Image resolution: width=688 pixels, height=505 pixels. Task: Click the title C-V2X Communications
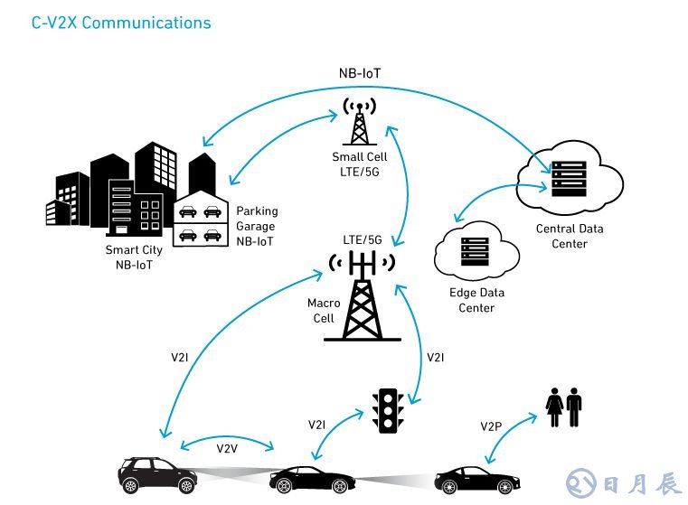[121, 23]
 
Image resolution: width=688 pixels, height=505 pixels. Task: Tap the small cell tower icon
[361, 121]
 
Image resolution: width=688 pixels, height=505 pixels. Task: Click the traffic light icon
[389, 410]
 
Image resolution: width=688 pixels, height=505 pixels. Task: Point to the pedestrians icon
[561, 407]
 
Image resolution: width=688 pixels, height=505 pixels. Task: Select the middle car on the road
[308, 479]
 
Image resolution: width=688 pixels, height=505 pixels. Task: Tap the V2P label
[492, 426]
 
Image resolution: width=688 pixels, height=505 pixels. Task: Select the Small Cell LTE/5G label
[359, 164]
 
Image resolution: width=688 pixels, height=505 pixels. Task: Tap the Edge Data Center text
[476, 300]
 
